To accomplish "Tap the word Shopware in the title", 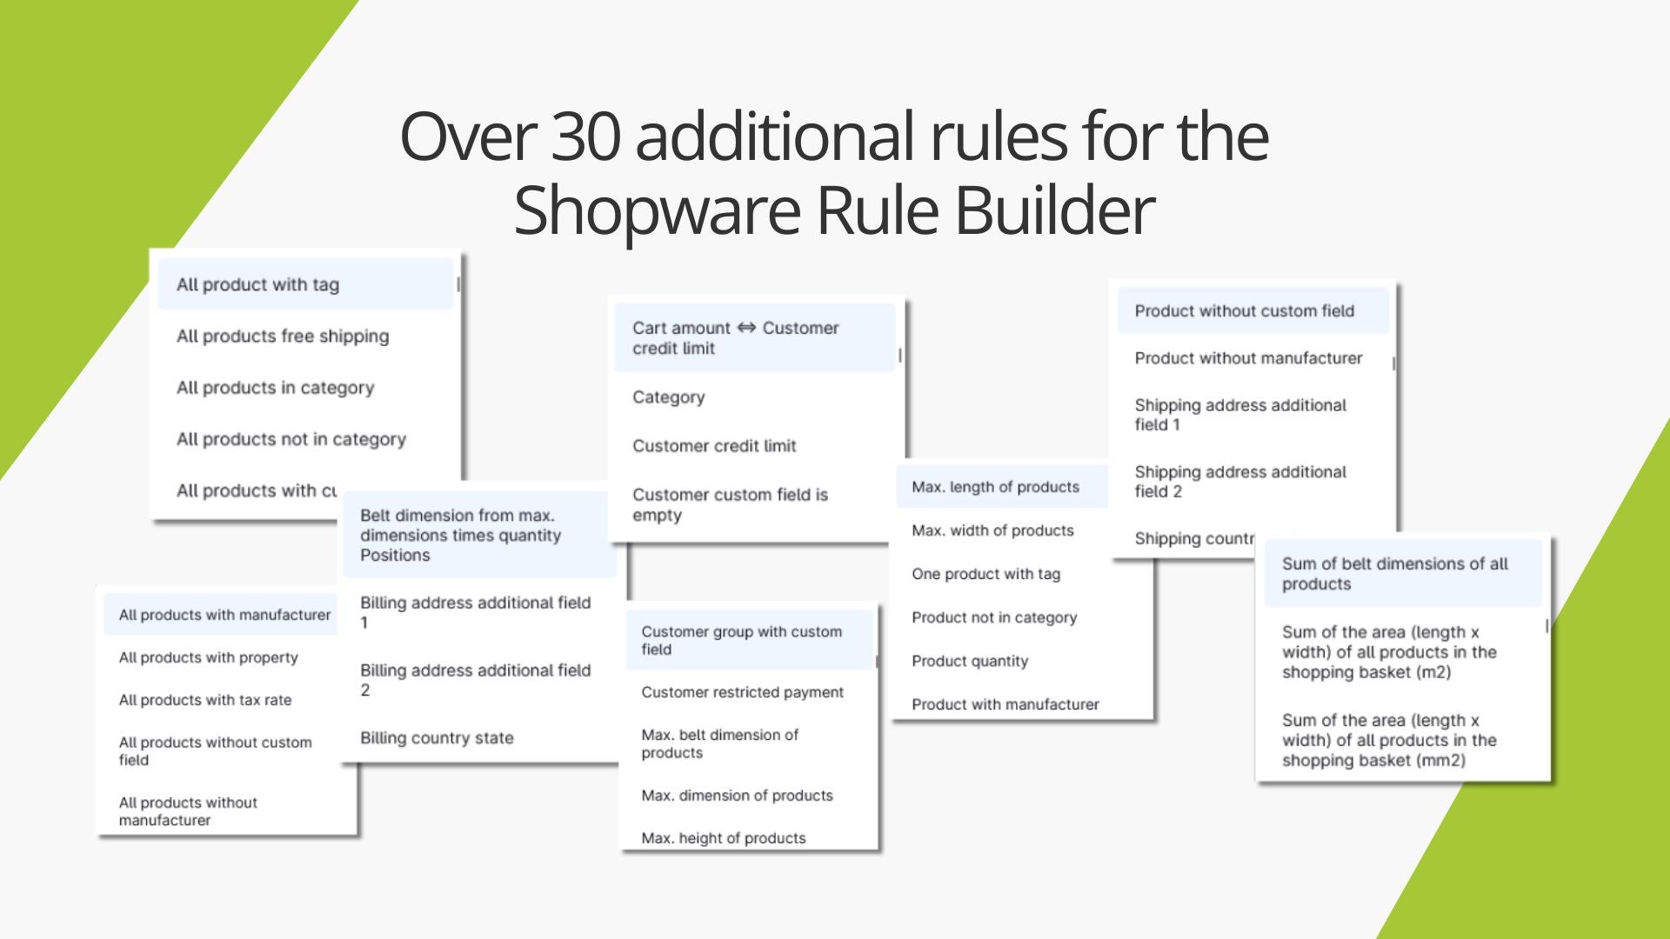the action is (655, 211).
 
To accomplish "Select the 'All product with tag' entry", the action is (257, 284).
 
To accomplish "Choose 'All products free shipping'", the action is (283, 336).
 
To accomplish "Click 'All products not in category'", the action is (291, 439).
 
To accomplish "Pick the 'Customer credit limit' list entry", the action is (714, 446).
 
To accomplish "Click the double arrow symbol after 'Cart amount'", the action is (746, 328).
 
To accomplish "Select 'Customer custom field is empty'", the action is (730, 504).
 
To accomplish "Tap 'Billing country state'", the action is (437, 738).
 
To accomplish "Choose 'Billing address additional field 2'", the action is (475, 680).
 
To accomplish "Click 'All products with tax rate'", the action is (205, 700).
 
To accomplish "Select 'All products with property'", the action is (209, 657).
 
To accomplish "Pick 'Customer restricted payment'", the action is (742, 692).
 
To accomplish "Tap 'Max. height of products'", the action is (723, 838).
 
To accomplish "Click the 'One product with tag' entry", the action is (985, 574).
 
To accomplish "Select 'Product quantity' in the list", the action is (970, 661).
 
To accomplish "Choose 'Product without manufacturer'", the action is (1248, 358).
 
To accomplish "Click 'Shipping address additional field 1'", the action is (1240, 415).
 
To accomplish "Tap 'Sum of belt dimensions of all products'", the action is (1394, 574).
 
